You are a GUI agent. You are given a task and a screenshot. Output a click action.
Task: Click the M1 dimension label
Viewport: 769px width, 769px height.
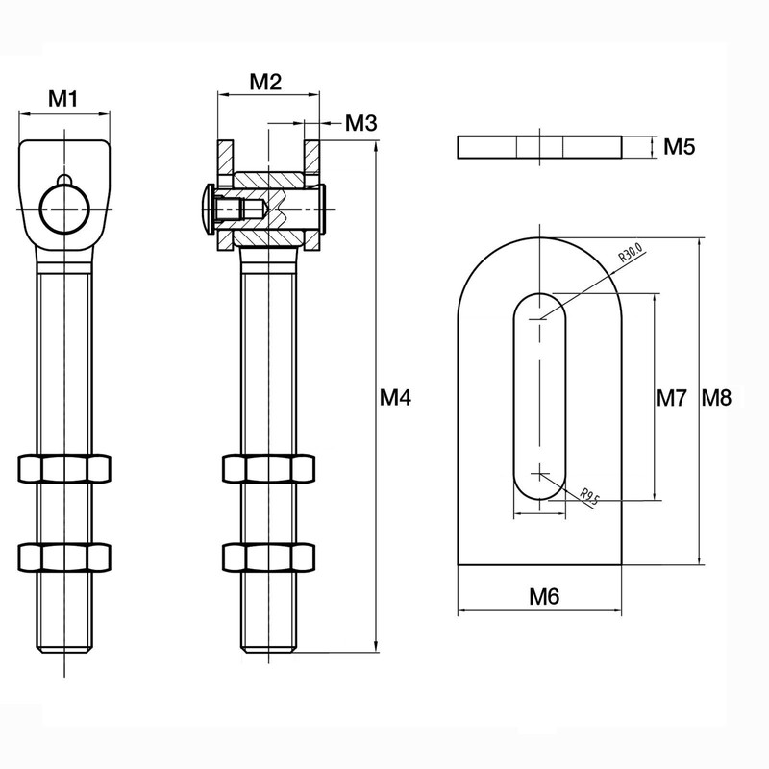pos(63,97)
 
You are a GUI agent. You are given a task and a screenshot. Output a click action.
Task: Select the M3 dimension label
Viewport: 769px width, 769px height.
pos(360,123)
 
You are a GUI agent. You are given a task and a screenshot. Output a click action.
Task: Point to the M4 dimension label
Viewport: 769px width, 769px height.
pos(395,396)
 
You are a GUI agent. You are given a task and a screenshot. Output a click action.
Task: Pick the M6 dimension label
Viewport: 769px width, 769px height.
pos(544,596)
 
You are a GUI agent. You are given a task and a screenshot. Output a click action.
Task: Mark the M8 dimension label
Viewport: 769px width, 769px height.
pos(716,396)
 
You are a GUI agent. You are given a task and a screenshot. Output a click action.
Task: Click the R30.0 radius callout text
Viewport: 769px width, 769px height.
pos(631,255)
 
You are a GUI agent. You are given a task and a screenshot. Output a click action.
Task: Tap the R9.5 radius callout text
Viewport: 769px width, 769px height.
pos(589,496)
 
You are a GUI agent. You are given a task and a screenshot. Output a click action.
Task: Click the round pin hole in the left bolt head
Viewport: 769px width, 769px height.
pos(63,207)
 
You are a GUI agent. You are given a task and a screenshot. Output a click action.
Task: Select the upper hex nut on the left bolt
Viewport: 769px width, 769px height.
pos(63,468)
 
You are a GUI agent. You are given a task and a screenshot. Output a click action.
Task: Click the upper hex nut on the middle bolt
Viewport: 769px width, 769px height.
pos(269,468)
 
